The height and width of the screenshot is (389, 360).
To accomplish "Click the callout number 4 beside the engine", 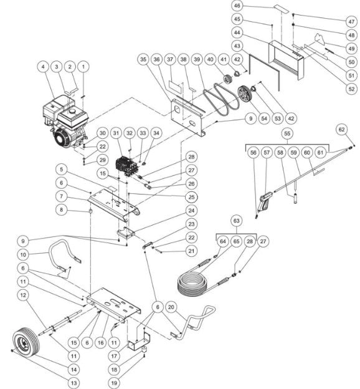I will click(x=43, y=65).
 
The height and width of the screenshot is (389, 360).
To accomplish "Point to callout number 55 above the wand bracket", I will click(x=287, y=134).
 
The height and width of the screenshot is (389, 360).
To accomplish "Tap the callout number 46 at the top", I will click(x=272, y=5).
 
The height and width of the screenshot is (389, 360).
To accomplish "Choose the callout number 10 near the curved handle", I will click(x=23, y=255).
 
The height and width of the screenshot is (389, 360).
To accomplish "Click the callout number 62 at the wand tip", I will click(x=341, y=129).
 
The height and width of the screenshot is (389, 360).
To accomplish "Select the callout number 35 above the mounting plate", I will click(x=143, y=59).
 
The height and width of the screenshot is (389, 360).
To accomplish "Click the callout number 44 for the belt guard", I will click(x=272, y=32).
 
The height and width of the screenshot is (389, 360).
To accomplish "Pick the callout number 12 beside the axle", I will click(x=23, y=294).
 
